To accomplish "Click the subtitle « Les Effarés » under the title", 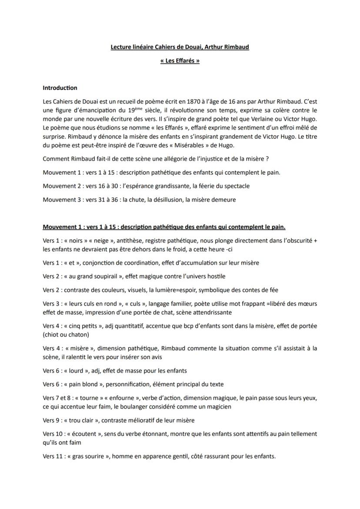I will point(180,61).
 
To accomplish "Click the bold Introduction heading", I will point(60,88).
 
